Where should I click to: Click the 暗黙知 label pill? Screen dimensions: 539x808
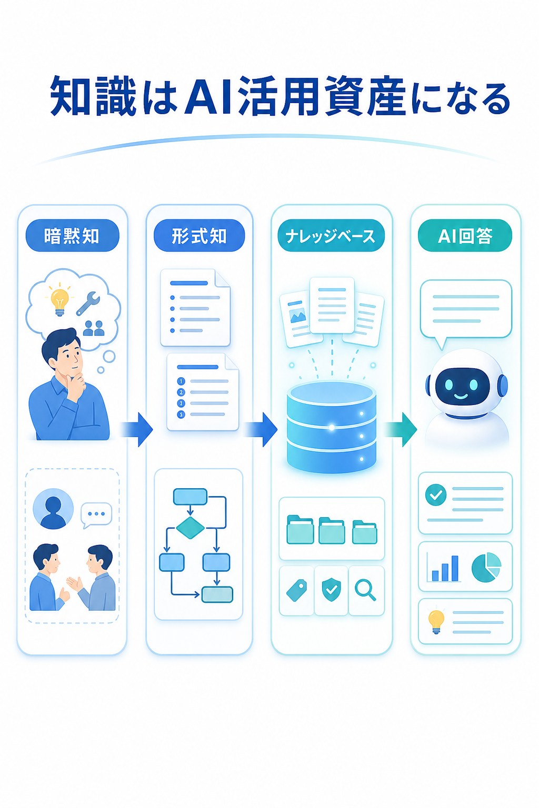(72, 236)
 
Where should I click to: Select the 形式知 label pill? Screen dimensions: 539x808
(199, 236)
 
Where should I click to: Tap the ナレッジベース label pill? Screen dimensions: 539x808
(331, 236)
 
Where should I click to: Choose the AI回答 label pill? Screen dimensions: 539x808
(465, 236)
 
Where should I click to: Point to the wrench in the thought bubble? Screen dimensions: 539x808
(88, 304)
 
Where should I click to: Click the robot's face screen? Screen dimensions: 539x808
(463, 386)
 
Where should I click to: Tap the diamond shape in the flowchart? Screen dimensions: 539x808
(190, 528)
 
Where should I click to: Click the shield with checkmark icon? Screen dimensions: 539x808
(332, 590)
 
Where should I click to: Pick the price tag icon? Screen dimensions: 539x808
(297, 591)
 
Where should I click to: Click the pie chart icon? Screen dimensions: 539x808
(486, 568)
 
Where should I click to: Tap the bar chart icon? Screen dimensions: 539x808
(444, 568)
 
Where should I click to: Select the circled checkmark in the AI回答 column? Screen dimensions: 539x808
(436, 495)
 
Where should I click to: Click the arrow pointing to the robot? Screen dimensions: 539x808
(400, 430)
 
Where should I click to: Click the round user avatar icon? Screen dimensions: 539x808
(53, 509)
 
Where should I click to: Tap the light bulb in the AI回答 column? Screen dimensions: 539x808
(436, 621)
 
